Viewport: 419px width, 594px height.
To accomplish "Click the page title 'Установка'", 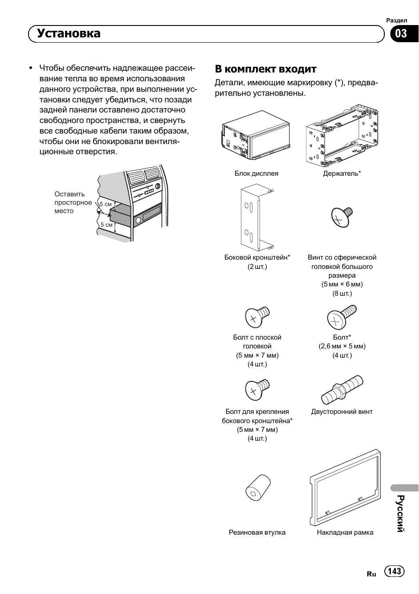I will [x=69, y=33].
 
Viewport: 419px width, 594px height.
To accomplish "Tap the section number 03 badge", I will [x=401, y=33].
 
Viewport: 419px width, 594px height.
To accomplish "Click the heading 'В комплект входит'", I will [x=265, y=69].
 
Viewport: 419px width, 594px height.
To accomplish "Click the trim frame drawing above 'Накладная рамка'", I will [x=344, y=488].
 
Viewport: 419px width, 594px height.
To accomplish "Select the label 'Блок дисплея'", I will [x=256, y=174].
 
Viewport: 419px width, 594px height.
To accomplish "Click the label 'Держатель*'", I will [x=342, y=174].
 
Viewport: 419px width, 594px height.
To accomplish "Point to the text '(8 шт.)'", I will [x=342, y=293].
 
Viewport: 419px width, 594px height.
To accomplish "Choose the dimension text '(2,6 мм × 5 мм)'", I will [x=342, y=346].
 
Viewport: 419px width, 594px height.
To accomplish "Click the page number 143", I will [x=394, y=571].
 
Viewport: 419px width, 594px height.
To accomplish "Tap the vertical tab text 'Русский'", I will [x=400, y=513].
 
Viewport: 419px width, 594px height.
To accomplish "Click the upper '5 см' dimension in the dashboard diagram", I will [x=105, y=204].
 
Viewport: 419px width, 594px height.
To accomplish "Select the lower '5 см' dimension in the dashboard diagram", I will [x=106, y=225].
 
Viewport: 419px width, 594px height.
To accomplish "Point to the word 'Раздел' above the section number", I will [x=397, y=20].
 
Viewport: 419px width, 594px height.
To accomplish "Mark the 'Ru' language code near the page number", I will [x=371, y=574].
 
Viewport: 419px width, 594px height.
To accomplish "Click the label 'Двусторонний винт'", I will [x=342, y=412].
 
